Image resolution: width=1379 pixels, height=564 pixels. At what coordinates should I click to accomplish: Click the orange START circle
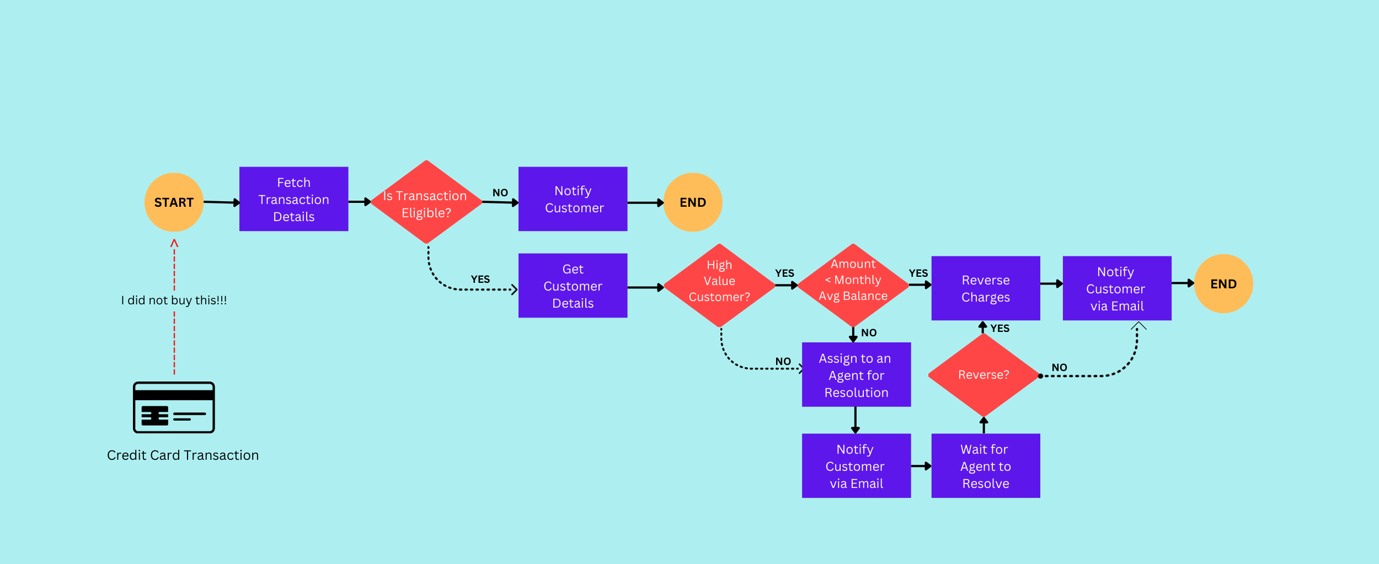coord(174,202)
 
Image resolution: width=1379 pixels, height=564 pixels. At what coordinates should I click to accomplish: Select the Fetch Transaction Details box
coord(293,199)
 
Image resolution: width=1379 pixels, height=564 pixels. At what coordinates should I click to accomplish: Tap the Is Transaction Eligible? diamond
coord(426,202)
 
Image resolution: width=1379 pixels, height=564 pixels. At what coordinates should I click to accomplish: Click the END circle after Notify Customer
coord(692,202)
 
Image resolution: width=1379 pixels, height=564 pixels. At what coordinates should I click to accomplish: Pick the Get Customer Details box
coord(573,286)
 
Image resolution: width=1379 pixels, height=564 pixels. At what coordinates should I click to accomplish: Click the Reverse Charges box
coord(985,288)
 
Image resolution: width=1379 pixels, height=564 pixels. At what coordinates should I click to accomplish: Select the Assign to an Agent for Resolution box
coord(856,375)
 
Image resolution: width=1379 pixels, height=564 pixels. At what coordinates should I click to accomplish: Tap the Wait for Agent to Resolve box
coord(985,466)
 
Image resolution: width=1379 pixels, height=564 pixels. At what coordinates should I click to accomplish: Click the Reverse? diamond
coord(984,375)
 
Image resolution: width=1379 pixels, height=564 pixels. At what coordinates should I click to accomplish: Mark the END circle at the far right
coord(1223,284)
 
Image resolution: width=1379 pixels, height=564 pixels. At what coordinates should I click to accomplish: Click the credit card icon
coord(174,407)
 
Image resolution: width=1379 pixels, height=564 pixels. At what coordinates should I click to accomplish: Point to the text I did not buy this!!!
coord(174,300)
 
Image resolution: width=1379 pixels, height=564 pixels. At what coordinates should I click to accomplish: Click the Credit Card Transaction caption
coord(183,455)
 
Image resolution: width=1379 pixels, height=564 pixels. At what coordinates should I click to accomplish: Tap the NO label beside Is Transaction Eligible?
coord(500,193)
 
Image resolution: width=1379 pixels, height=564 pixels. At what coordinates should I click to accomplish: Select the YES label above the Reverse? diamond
coord(999,329)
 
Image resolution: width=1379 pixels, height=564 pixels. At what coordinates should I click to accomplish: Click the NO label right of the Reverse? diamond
coord(1059,368)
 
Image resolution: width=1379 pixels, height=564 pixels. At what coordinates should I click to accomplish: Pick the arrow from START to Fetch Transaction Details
coord(222,202)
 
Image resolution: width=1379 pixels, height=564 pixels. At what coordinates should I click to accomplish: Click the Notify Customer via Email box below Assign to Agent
coord(856,466)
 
